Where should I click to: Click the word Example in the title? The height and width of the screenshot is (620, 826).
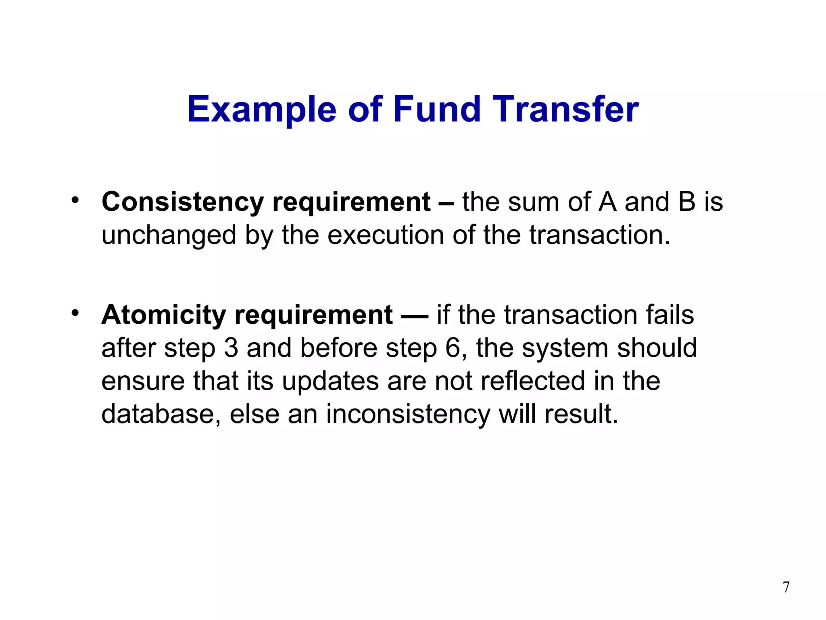coord(261,110)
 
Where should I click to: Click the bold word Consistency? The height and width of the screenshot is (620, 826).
coord(182,202)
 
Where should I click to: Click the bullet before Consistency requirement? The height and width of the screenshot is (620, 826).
coord(75,200)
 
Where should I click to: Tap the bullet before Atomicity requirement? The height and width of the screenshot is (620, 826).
coord(75,313)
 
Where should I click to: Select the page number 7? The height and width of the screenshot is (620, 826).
coord(786,587)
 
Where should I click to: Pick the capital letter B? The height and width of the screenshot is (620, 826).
coord(687,202)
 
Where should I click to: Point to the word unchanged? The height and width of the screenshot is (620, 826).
coord(169,235)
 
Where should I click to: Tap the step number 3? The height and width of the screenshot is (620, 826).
coord(231,348)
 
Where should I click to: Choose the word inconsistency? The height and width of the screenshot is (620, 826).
coord(408,415)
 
